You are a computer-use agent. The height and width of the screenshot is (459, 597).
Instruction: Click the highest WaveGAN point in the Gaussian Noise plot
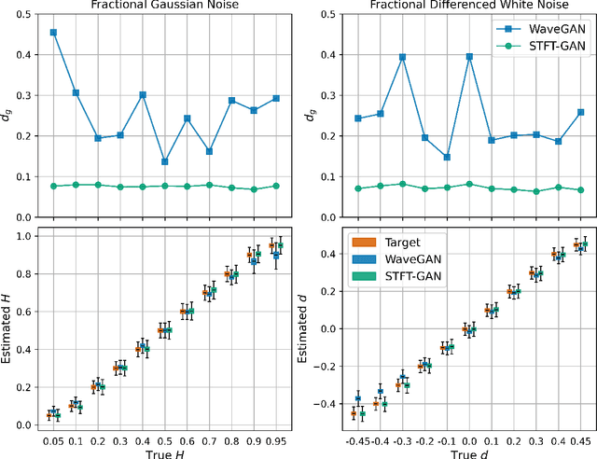click(x=53, y=33)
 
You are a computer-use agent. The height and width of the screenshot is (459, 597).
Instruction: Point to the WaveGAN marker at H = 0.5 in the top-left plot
click(x=165, y=161)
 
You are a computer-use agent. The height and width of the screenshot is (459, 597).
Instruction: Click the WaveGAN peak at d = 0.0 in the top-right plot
click(x=469, y=56)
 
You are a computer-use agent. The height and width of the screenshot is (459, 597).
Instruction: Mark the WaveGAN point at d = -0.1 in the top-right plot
click(x=447, y=157)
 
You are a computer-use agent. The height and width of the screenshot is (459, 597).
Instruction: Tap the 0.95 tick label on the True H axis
click(x=276, y=439)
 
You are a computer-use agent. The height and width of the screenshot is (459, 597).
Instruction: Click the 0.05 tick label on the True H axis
click(x=53, y=439)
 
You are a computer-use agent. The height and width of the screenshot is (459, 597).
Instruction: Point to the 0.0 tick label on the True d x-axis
click(x=469, y=439)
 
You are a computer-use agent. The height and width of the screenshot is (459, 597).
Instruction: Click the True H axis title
click(x=165, y=452)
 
